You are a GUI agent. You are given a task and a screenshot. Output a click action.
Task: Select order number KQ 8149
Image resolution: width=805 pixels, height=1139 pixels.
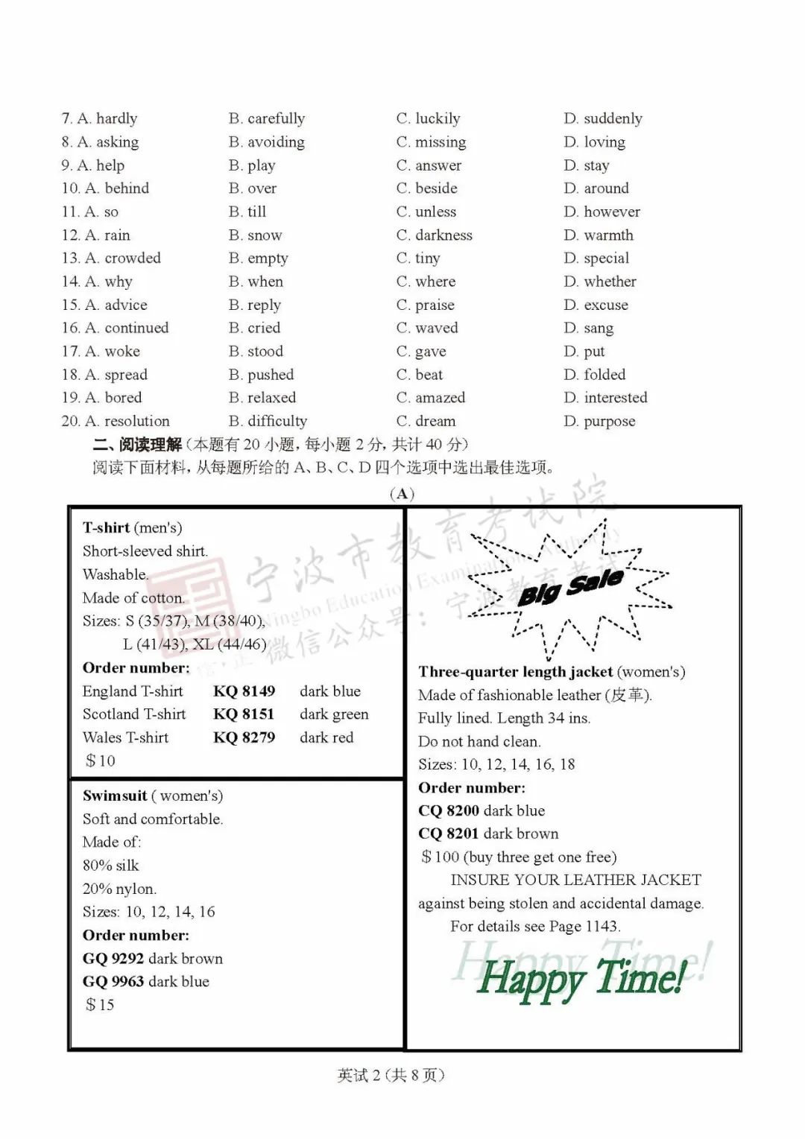pyautogui.click(x=244, y=691)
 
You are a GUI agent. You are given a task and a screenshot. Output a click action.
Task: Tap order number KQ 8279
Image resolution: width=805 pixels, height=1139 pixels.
pyautogui.click(x=244, y=737)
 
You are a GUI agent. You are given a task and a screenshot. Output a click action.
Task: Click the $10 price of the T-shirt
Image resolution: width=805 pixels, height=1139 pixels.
pyautogui.click(x=101, y=761)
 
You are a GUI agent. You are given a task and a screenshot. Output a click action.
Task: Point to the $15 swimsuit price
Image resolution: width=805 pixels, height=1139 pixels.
pyautogui.click(x=101, y=1005)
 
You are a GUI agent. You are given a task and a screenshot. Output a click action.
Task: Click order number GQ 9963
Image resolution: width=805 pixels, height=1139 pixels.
pyautogui.click(x=113, y=982)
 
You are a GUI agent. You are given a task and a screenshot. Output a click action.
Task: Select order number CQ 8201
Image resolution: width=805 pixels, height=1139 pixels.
pyautogui.click(x=449, y=834)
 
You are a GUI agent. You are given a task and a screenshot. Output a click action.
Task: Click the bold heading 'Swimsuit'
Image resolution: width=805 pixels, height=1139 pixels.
pyautogui.click(x=115, y=796)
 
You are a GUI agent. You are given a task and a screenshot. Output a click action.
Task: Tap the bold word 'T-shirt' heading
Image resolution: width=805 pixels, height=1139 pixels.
pyautogui.click(x=106, y=528)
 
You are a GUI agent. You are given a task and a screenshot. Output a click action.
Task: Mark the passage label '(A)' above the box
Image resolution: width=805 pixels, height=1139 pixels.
pyautogui.click(x=402, y=494)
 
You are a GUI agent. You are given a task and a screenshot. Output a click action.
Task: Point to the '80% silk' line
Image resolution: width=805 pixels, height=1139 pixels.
pyautogui.click(x=111, y=866)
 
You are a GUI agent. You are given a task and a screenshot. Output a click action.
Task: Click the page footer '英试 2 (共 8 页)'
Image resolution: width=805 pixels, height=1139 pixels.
pyautogui.click(x=391, y=1075)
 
